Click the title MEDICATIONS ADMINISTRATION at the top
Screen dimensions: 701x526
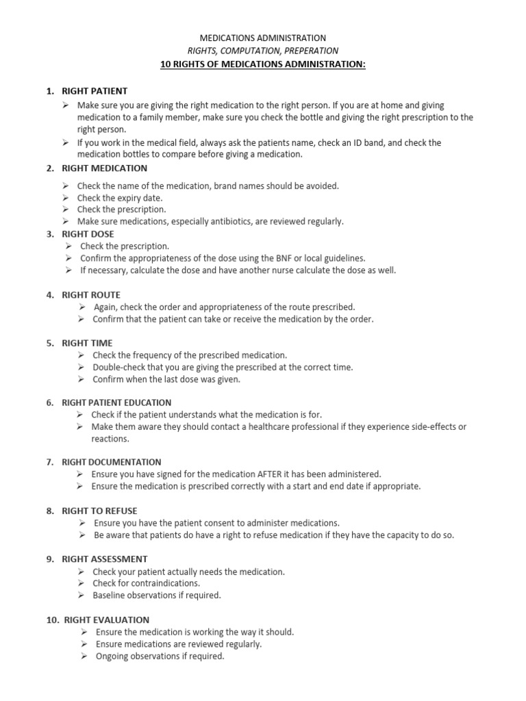point(262,38)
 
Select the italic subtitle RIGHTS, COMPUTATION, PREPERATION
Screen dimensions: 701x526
point(262,51)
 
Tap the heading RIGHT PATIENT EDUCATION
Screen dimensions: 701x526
point(116,403)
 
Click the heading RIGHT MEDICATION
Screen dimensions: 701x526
point(104,168)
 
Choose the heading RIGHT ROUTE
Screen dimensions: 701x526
point(91,295)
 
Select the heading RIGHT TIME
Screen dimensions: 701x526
point(87,343)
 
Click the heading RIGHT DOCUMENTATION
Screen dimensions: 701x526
point(112,462)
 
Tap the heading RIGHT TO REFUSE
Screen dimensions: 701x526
point(99,511)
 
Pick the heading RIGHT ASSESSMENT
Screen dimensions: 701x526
point(105,559)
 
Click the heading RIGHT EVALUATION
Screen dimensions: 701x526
point(107,620)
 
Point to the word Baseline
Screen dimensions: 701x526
point(109,595)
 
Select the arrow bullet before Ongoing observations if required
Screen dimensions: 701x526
point(83,656)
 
